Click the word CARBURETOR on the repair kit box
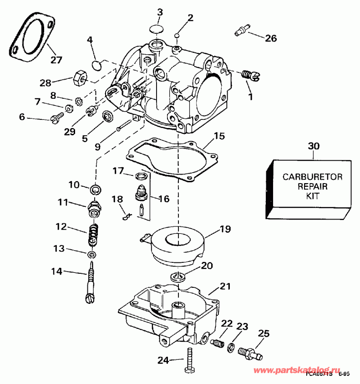pos(312,176)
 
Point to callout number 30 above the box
pos(314,146)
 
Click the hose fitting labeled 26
pos(241,31)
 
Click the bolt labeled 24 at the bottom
pos(188,359)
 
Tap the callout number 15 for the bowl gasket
pos(219,136)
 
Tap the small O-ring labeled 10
pos(96,189)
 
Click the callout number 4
pos(90,40)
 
